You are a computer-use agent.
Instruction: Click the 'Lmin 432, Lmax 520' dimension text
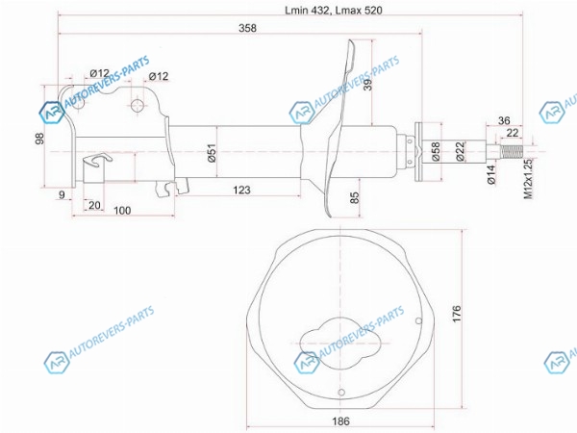click(334, 10)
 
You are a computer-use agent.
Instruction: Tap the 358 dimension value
click(247, 28)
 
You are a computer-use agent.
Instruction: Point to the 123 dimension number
click(241, 190)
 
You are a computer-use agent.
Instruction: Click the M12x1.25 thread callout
click(528, 179)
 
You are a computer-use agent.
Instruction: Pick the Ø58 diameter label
click(436, 151)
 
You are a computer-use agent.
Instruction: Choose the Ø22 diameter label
click(461, 151)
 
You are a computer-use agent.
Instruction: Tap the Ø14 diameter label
click(491, 174)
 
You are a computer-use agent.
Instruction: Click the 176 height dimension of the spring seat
click(456, 314)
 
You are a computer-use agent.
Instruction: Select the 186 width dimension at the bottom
click(340, 420)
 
